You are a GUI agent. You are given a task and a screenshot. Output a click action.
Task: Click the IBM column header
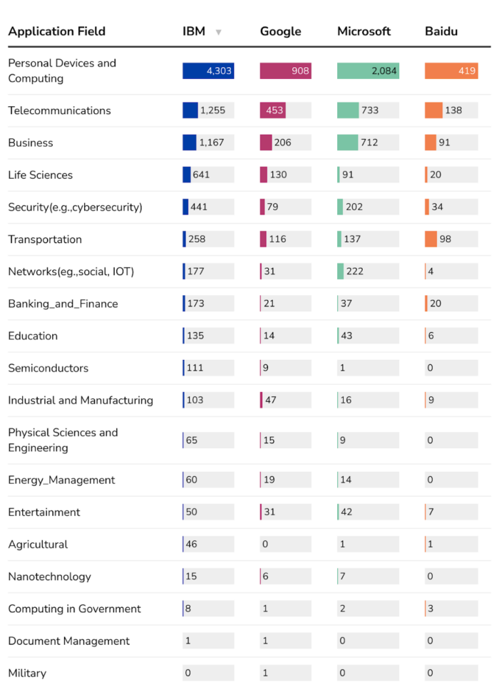tap(194, 31)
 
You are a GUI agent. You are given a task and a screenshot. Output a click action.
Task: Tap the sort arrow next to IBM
tap(219, 32)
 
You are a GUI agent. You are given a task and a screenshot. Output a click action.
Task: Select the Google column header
tap(280, 31)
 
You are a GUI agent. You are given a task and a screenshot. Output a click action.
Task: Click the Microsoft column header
tap(364, 31)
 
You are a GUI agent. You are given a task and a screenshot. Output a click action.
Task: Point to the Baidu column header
tap(441, 31)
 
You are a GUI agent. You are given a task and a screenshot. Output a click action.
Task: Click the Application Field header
tap(56, 31)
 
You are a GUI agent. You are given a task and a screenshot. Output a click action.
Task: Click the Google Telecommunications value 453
tap(274, 110)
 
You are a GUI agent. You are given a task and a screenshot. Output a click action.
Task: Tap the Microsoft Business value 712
tap(369, 143)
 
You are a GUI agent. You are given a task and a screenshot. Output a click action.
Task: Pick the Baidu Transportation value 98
tap(446, 239)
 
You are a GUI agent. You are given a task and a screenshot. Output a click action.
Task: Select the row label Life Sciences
tap(40, 175)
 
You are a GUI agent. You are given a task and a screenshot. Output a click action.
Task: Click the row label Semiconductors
tap(48, 368)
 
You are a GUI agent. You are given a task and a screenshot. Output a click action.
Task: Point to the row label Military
tap(27, 673)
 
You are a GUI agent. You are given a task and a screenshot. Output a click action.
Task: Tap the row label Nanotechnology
tap(49, 577)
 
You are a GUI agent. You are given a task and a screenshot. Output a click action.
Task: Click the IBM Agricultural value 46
tap(191, 544)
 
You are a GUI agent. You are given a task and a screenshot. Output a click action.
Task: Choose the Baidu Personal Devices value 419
tap(466, 71)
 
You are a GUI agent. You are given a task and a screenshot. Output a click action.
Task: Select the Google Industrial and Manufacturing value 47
tap(271, 400)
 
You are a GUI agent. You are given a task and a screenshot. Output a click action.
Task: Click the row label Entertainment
tap(43, 512)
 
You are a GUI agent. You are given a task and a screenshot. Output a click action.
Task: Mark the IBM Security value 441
tap(199, 207)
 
